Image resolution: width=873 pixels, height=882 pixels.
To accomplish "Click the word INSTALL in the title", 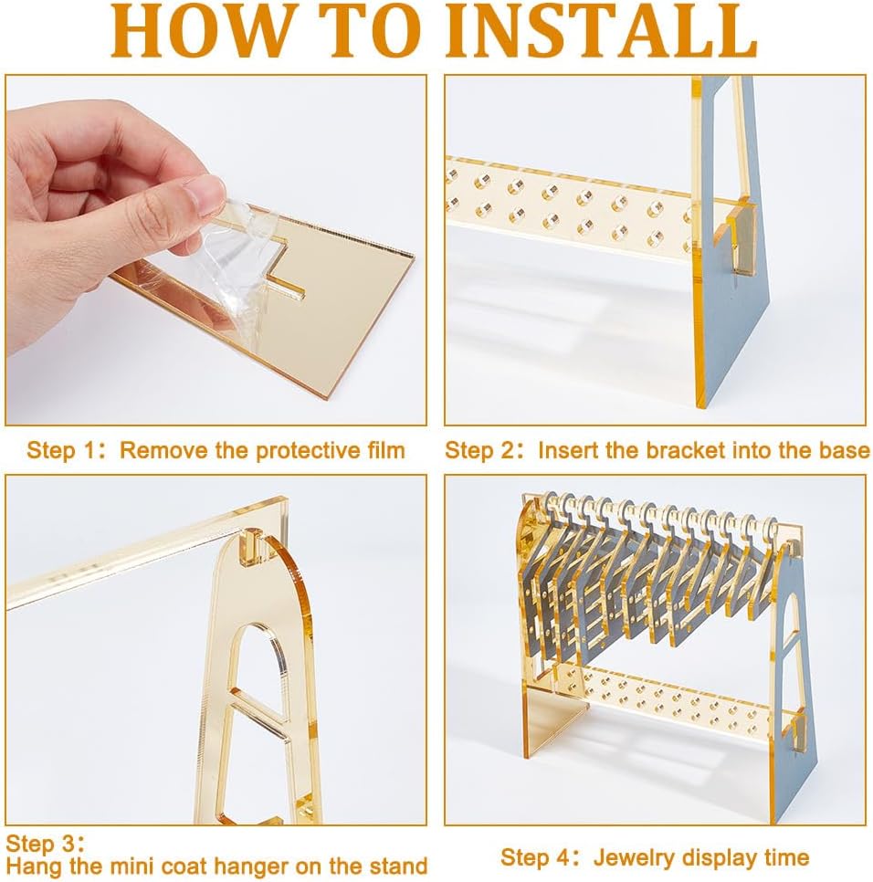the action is [x=601, y=31].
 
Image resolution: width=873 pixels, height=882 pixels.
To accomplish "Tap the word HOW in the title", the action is [x=202, y=31].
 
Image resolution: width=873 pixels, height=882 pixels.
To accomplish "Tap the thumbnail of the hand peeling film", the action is [x=216, y=250].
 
